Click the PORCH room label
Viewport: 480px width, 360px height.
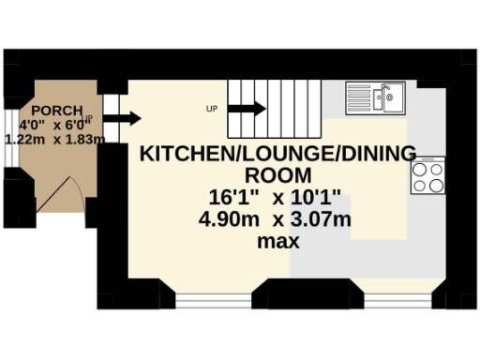55,110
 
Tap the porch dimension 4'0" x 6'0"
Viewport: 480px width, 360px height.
54,124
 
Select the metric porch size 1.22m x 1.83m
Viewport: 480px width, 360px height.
54,139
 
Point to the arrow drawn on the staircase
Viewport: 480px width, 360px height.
247,109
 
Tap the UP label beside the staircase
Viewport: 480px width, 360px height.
212,109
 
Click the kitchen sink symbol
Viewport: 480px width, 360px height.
375,95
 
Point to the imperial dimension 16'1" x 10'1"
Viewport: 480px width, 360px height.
277,199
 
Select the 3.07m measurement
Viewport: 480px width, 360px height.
318,220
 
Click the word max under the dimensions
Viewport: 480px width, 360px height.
277,241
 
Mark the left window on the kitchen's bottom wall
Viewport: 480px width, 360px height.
213,300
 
